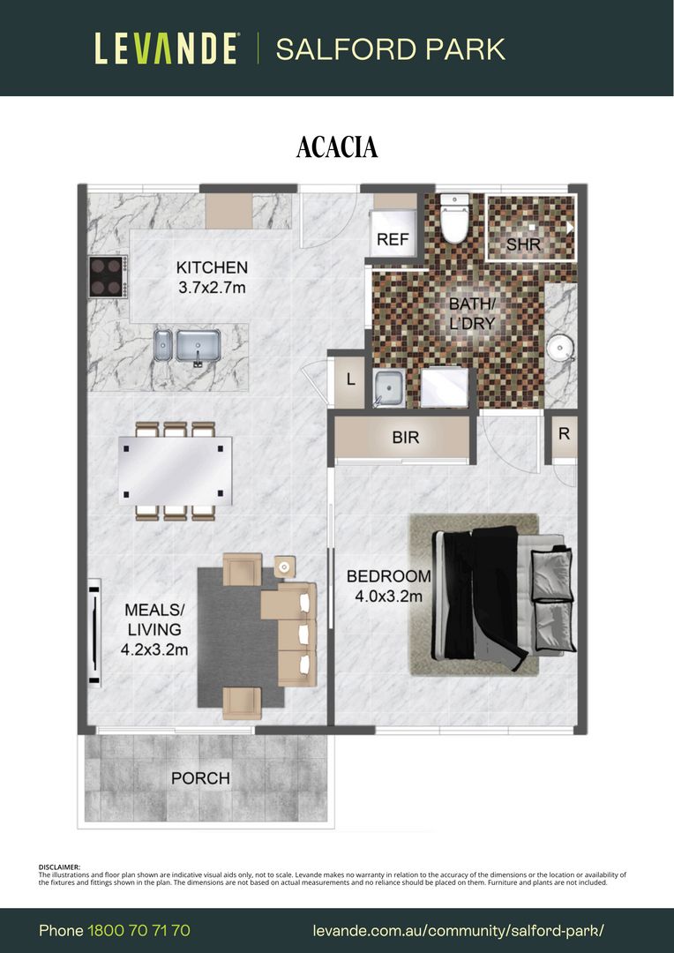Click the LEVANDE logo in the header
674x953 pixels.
tap(166, 49)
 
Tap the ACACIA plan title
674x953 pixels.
tap(337, 147)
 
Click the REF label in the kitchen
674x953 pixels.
tap(393, 239)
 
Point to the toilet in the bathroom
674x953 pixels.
tap(454, 219)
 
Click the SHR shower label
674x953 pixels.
tap(523, 245)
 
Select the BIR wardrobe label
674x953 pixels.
tap(406, 438)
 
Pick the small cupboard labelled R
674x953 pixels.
tap(564, 434)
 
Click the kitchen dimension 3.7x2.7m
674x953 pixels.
tap(212, 288)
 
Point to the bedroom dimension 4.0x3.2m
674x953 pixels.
tap(388, 597)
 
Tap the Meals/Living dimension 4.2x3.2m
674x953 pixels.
tap(154, 649)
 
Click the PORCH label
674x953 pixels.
tap(200, 778)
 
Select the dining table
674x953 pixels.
tap(175, 471)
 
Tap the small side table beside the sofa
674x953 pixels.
tap(284, 567)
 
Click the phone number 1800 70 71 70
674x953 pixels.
tap(139, 931)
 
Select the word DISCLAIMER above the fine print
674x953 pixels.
tap(59, 867)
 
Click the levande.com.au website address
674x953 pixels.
tap(459, 931)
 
